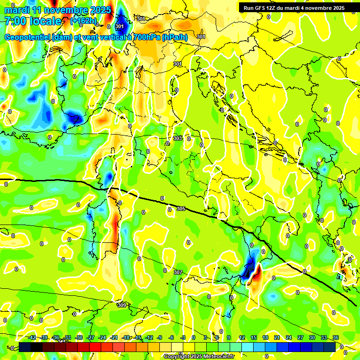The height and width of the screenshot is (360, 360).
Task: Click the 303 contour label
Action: point(178,138)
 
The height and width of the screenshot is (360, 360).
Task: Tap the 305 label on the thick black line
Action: point(181,209)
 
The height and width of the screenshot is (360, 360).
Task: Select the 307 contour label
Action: point(178,272)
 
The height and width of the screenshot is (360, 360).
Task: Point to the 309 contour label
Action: point(121,305)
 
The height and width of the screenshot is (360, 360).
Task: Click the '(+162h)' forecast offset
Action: point(84,21)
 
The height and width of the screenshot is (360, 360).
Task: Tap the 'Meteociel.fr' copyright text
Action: point(216,357)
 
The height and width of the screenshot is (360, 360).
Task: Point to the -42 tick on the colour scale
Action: point(32,337)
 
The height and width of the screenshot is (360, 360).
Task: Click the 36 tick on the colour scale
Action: point(336,337)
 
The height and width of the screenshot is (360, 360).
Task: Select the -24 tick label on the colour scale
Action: point(102,337)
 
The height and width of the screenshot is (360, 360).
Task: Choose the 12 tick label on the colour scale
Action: point(241,337)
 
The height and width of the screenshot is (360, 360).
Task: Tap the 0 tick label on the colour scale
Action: point(194,337)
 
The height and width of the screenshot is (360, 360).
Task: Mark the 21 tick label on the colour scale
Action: point(277,337)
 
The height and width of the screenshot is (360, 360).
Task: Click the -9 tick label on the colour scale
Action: point(159,337)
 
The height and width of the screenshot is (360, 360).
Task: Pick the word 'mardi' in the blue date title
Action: point(16,10)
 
